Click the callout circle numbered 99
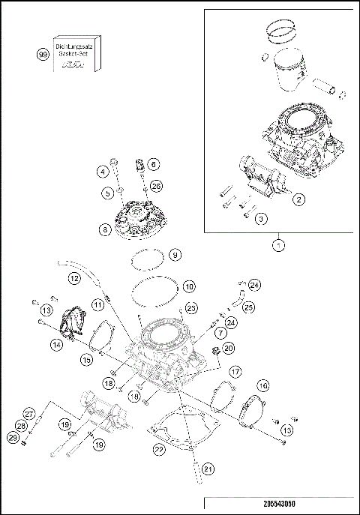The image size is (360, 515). coord(43,54)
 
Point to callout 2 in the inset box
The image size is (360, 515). coord(298,199)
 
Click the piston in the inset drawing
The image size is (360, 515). coord(295,71)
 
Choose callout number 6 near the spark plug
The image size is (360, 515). coord(152,163)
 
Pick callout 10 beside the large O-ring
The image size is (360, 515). coord(189,286)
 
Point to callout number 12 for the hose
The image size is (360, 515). coord(74,278)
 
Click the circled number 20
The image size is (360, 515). coord(229,347)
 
